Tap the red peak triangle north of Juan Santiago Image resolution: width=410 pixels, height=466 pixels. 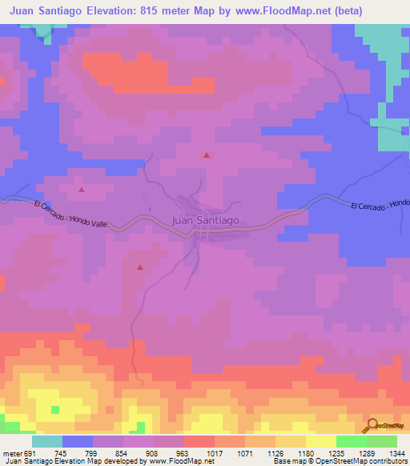[207, 155]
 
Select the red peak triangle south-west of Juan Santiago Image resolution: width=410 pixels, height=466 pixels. [140, 267]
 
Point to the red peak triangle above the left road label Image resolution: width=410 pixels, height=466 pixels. [82, 190]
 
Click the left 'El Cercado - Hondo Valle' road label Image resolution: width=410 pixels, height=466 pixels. [70, 216]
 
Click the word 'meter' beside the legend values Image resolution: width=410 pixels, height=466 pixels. [10, 452]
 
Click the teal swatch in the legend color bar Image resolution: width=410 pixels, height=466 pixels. [47, 441]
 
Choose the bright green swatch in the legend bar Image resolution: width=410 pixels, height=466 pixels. [351, 441]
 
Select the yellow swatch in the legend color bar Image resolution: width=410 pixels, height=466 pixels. [320, 441]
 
